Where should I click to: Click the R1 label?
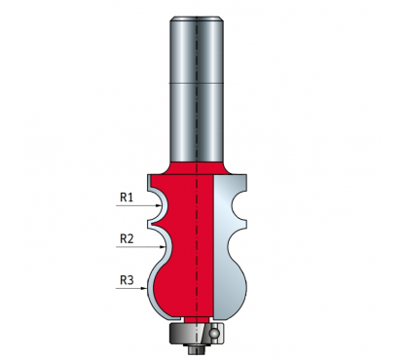click(127, 197)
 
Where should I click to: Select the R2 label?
click(127, 238)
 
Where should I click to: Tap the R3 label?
click(127, 280)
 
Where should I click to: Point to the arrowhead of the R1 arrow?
click(159, 205)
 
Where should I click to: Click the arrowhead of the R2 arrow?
click(163, 247)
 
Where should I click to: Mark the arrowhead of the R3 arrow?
click(144, 288)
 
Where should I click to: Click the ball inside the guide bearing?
click(213, 333)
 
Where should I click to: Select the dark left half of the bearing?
click(183, 333)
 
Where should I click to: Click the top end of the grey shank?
click(197, 18)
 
